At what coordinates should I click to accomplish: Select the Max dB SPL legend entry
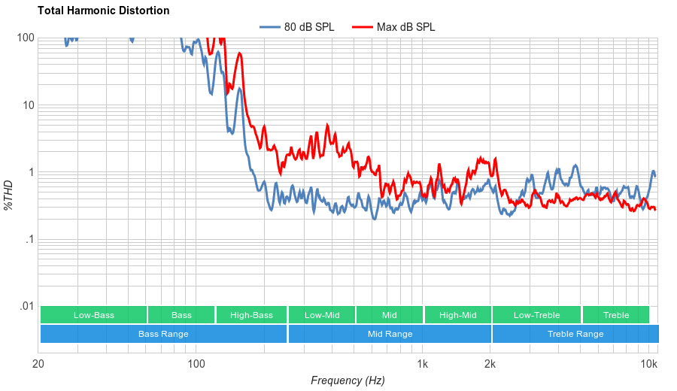pos(405,27)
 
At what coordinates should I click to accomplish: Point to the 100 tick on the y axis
pos(26,38)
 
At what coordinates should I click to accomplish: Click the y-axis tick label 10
pos(29,105)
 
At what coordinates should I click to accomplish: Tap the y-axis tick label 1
pos(31,172)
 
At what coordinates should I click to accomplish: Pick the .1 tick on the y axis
pos(29,240)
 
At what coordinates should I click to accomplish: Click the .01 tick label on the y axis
pos(26,307)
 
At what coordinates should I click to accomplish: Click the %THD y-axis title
pos(9,195)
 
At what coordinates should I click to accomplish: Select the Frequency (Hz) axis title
pos(348,380)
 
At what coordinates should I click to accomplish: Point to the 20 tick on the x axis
pos(38,365)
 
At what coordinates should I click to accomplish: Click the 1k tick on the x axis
pos(423,365)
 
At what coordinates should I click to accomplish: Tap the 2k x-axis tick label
pos(490,365)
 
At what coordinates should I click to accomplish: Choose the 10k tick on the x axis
pos(648,365)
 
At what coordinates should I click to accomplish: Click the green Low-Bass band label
pos(93,315)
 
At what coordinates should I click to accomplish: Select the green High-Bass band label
pos(251,315)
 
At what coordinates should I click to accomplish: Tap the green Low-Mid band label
pos(321,315)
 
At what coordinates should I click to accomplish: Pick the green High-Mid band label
pos(457,315)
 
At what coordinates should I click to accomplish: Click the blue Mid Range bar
pos(389,334)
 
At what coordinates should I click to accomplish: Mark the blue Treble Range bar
pos(575,334)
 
